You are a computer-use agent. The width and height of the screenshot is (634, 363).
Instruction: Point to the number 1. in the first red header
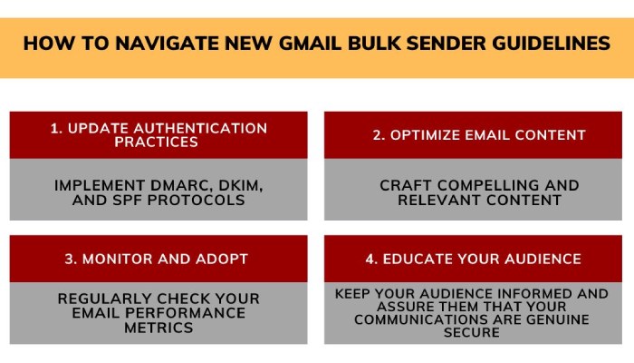(x=56, y=128)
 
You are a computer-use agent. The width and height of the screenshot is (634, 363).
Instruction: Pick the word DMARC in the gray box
(x=159, y=185)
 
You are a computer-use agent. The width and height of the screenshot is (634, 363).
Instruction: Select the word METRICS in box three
(x=158, y=328)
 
